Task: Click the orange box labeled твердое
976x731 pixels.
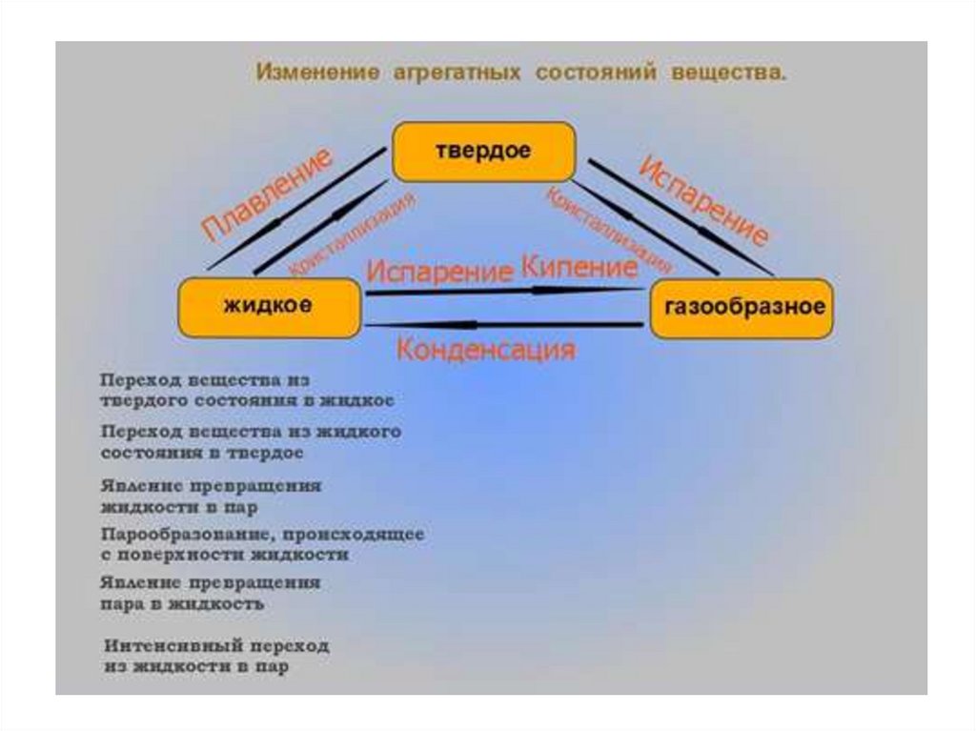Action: (x=484, y=152)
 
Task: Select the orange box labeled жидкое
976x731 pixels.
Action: (x=269, y=307)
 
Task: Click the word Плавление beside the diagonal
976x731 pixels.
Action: (x=269, y=195)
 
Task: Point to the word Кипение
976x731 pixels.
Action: (x=579, y=266)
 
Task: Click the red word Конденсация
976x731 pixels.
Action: (x=485, y=349)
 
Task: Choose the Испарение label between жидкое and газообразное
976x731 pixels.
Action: (x=439, y=272)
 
